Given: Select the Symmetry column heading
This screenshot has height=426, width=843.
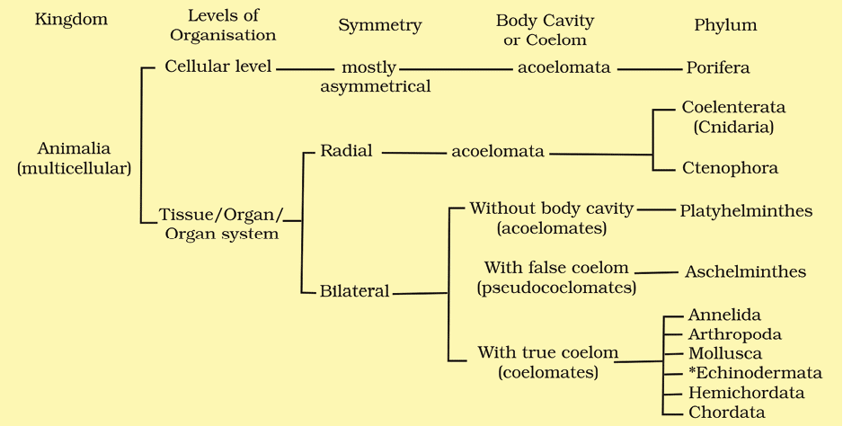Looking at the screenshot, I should point(379,25).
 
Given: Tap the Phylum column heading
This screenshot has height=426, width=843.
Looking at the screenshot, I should point(725,25).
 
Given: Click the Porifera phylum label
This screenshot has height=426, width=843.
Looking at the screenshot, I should point(718,67).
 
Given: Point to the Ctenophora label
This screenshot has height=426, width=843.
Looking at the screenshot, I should point(729,168).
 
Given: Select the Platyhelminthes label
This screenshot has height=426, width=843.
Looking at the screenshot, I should point(746,211).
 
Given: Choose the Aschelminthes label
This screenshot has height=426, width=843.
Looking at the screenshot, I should point(745,271).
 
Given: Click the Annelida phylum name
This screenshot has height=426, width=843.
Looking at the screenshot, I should point(724,315).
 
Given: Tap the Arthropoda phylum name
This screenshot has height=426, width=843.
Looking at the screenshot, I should point(734,334).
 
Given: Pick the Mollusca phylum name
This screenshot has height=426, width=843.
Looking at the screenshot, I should point(724,354).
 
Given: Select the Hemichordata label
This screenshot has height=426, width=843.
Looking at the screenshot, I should point(746,393).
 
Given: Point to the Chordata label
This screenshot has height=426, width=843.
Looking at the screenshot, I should point(726,413).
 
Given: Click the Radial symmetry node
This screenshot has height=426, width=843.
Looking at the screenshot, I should point(346,151).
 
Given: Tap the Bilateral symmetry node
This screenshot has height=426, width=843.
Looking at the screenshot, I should point(354,291).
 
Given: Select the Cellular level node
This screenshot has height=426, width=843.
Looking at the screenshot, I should point(218,67).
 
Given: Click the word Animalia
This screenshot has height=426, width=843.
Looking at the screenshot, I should point(74,149).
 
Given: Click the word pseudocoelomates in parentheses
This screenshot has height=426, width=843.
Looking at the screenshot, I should point(556,288).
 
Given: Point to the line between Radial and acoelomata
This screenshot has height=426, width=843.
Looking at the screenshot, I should point(413,153).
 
